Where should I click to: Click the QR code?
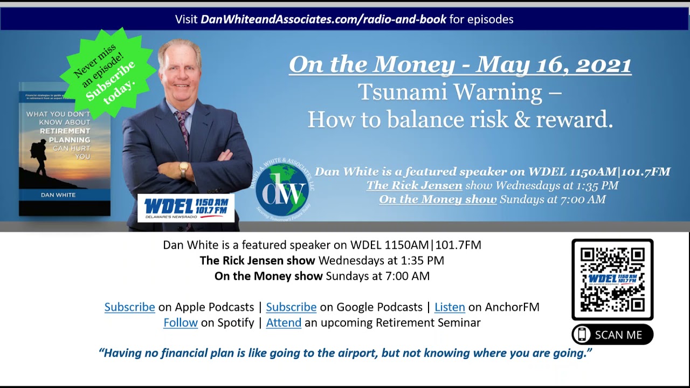coord(612,279)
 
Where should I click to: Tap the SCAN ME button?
coord(612,335)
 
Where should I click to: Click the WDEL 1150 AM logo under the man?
coord(186,208)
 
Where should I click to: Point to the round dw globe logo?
coord(282,189)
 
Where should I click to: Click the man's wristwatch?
coord(184,169)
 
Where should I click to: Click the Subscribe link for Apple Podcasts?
coord(129,307)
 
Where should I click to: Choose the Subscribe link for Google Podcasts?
coord(291,307)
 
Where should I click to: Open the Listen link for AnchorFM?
coord(450,307)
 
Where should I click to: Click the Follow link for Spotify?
coord(181,323)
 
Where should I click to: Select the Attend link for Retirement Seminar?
coord(284,323)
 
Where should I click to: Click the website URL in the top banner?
coord(323,19)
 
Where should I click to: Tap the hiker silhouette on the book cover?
coord(39,157)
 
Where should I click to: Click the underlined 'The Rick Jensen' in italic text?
coord(414,185)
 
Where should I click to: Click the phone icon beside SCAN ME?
coord(582,335)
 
